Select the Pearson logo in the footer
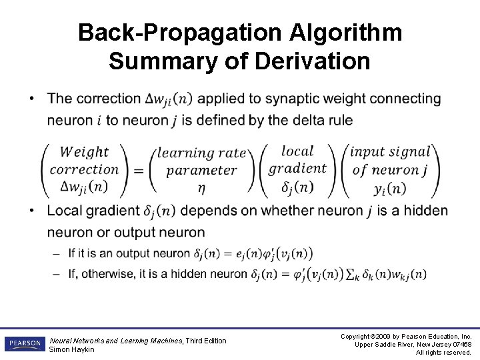[24, 344]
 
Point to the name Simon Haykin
[72, 349]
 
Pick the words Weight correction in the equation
[84, 161]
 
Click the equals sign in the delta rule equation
[139, 171]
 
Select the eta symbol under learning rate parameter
[201, 188]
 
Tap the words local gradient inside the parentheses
[297, 160]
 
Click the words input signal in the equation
[390, 152]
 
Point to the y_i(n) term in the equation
[389, 188]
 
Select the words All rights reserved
[443, 353]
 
